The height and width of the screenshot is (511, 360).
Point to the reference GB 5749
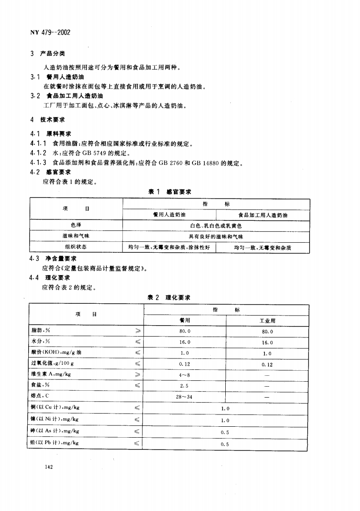point(94,153)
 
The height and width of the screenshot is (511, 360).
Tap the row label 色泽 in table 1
point(76,225)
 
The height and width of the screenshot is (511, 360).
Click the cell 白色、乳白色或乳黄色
point(216,225)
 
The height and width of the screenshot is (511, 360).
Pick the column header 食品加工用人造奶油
point(263,215)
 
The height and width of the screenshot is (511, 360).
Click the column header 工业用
point(267,321)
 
